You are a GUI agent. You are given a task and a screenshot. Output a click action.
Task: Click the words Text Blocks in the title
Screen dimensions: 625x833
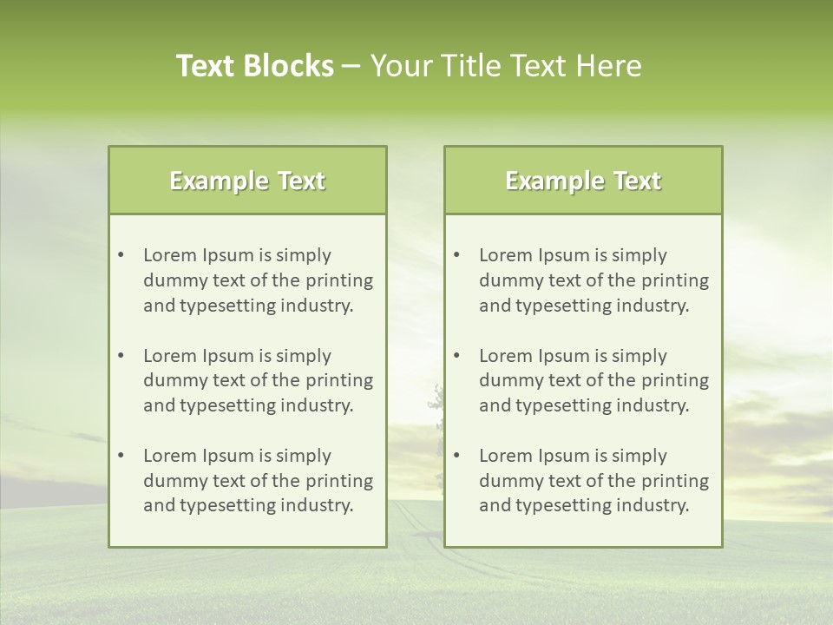tap(254, 66)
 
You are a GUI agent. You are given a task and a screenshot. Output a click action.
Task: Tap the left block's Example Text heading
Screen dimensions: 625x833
tap(247, 181)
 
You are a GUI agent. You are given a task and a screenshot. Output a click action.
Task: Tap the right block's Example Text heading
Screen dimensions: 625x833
tap(583, 181)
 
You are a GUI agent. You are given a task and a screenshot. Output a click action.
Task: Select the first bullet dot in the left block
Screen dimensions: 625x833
tap(121, 255)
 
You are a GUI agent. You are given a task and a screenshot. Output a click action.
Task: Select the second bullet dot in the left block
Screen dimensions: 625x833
tap(121, 355)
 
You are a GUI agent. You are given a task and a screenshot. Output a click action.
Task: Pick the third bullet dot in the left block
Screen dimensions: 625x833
tap(121, 456)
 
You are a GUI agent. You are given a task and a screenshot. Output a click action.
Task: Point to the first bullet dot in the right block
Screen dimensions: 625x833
tap(456, 255)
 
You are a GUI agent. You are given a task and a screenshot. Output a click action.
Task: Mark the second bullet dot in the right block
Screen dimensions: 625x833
tap(456, 355)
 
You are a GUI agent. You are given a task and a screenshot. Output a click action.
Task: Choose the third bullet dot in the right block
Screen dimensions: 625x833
tap(456, 456)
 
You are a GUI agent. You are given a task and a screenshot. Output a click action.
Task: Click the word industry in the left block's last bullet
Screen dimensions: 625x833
tap(317, 505)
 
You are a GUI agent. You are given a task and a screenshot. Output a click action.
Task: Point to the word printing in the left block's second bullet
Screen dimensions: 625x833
tap(340, 380)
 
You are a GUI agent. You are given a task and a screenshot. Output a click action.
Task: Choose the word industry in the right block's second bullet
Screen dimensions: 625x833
tap(653, 405)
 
